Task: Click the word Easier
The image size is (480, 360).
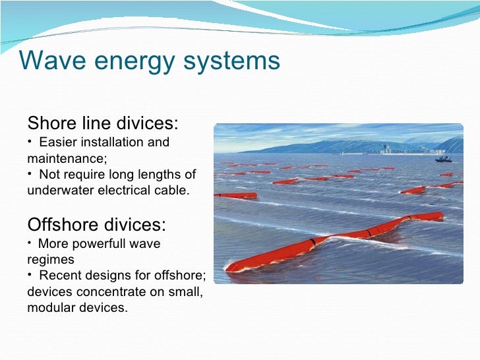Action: pos(59,142)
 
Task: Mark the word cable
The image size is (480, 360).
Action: pos(171,191)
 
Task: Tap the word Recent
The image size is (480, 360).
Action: pos(59,276)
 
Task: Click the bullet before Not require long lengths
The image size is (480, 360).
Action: pos(30,174)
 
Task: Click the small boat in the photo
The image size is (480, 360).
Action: pos(443,159)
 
